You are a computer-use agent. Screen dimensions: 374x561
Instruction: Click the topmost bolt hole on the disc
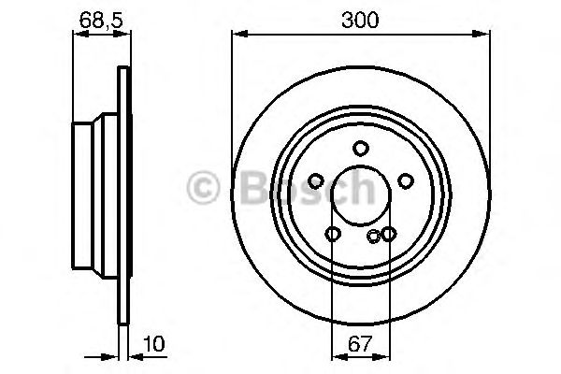tap(361, 148)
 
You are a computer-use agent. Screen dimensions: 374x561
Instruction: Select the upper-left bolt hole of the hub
tap(316, 180)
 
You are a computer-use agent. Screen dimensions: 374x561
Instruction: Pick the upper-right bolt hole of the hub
tap(406, 180)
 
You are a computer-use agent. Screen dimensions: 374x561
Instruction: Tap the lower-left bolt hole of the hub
tap(333, 234)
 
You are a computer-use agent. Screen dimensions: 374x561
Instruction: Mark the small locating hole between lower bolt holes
tap(374, 237)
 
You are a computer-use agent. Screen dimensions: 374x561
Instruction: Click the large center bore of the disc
tap(361, 194)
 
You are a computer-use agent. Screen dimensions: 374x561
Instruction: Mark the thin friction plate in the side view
tap(122, 194)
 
